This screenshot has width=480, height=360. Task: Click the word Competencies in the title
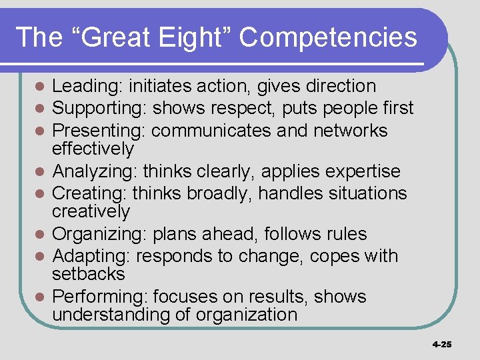(328, 37)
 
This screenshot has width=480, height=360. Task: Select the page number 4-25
(441, 344)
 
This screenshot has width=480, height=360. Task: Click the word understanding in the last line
(111, 315)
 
